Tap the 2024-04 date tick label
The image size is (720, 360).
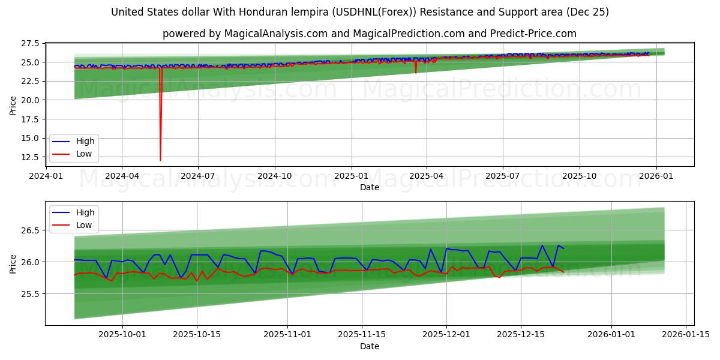point(122,176)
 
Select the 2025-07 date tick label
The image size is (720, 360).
point(502,176)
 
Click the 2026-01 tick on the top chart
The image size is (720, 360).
point(656,176)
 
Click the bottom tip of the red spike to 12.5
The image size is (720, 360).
point(160,160)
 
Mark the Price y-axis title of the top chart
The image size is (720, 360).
point(13,104)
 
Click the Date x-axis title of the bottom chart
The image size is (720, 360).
point(369,346)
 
